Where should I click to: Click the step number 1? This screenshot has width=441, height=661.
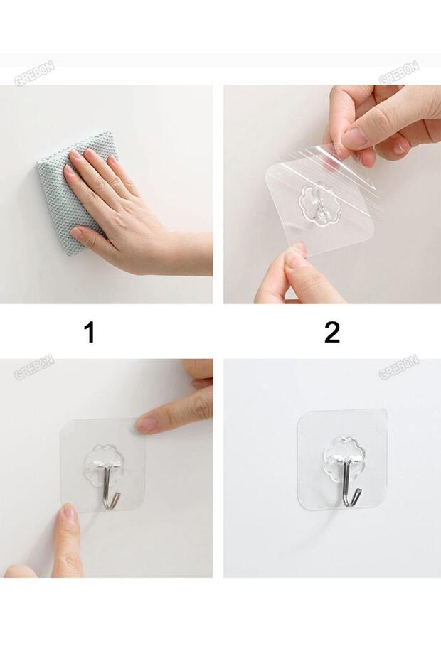[90, 332]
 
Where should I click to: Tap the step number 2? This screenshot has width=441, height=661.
[332, 332]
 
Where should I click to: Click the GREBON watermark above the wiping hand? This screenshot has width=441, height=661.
[35, 73]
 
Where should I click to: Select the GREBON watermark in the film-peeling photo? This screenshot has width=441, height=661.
[398, 73]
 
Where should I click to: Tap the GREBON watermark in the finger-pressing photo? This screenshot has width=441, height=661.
[35, 367]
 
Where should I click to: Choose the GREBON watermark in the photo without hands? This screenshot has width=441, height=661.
[398, 367]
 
